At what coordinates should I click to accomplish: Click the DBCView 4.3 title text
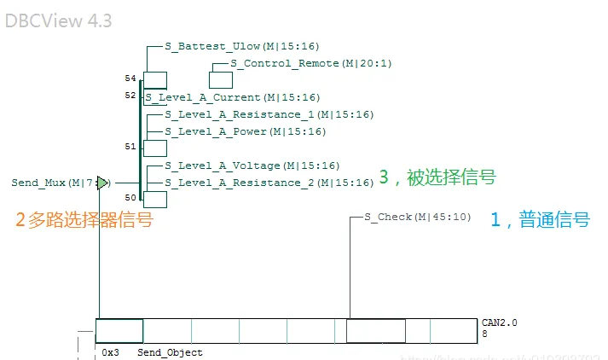coord(58,20)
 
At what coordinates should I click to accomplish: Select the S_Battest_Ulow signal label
coord(241,47)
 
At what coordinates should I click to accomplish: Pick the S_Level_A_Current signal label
coord(232,98)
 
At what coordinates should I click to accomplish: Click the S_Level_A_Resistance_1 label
coord(269,114)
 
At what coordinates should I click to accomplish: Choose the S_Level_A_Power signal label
coord(245,131)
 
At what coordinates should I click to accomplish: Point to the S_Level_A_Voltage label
coord(252,165)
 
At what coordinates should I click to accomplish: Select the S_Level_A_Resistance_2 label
coord(269,183)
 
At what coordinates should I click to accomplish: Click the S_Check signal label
coord(417,218)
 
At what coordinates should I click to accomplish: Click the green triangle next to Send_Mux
coord(102,183)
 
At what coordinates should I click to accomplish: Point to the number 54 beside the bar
coord(130,78)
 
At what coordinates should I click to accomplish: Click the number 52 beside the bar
coord(130,96)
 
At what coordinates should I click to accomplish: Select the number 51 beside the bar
coord(130,147)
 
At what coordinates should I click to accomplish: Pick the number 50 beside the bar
coord(130,198)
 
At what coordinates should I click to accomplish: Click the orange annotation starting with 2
coord(84,220)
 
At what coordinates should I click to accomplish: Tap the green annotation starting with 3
coord(437,177)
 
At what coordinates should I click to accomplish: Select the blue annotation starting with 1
coord(540,219)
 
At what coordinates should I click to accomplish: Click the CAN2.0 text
coord(499,323)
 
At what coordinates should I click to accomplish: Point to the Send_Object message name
coord(170,352)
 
